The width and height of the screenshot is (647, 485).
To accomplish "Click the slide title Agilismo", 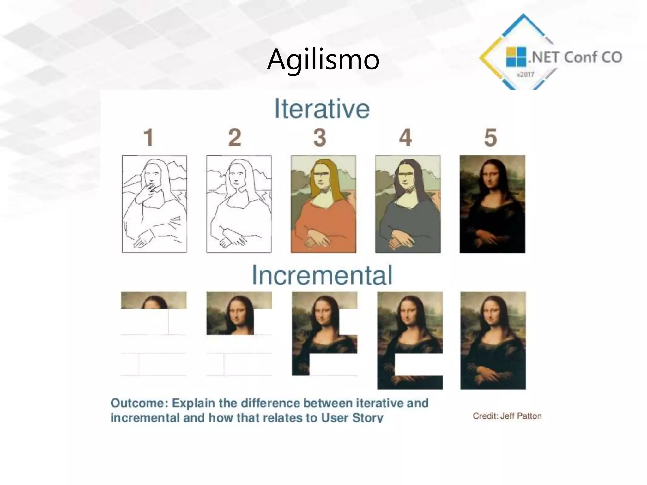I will point(323,59).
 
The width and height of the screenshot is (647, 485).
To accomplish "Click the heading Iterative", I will point(322,109).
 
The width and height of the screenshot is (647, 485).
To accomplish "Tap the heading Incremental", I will point(322,275).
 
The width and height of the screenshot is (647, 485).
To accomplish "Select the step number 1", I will point(148,138).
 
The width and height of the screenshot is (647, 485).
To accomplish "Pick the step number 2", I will point(235,138).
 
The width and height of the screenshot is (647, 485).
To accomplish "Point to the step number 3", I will point(320,138).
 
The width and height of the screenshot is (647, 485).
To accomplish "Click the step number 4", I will point(405,138).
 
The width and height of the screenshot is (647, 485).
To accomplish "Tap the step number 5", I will point(491,138).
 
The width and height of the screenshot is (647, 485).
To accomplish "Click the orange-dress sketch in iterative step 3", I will point(323,204).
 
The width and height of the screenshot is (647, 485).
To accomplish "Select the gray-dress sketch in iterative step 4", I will point(408,204).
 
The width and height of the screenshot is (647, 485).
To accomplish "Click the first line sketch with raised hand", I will point(154,204).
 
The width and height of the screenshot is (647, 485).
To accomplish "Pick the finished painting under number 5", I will point(492,204).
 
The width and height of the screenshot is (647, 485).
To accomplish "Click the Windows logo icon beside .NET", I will point(516,57).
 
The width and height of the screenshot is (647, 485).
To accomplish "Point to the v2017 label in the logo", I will point(525,75).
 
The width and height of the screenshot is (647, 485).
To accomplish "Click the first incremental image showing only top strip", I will point(154,300).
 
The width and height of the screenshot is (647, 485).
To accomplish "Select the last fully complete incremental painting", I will point(493,340).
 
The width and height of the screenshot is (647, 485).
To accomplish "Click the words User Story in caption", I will point(352,418).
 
